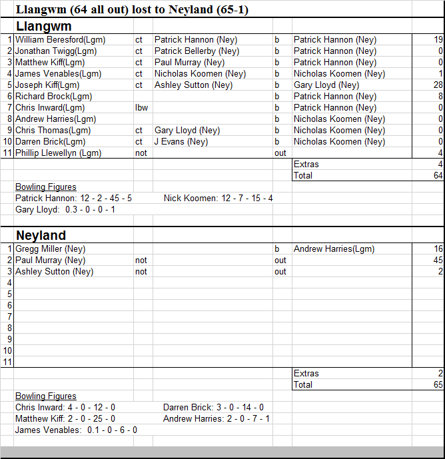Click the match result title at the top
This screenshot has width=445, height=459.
pos(132,9)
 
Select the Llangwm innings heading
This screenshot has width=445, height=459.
pos(43,26)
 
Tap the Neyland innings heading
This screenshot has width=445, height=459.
pos(41,235)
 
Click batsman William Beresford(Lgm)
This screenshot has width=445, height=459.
pos(60,40)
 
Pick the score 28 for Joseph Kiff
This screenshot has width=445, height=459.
pos(438,85)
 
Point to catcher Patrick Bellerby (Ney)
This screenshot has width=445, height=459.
pos(197,51)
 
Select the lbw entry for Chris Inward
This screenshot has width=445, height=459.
pos(142,108)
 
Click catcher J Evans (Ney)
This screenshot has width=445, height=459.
pos(181,142)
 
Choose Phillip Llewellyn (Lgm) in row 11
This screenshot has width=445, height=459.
pos(58,153)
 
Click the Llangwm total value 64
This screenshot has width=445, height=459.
pos(437,176)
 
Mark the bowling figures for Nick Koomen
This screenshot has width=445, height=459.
pos(218,199)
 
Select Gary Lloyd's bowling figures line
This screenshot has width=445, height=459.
pos(65,210)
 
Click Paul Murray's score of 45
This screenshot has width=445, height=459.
pos(438,260)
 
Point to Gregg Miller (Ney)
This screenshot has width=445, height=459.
pos(50,249)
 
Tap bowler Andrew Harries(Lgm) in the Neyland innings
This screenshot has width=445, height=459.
pos(334,249)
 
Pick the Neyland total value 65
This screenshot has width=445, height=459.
pos(437,385)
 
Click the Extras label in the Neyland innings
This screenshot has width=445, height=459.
pos(306,374)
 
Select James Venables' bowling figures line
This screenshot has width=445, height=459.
pos(76,430)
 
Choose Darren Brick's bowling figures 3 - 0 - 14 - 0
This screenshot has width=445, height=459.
pos(213,408)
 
